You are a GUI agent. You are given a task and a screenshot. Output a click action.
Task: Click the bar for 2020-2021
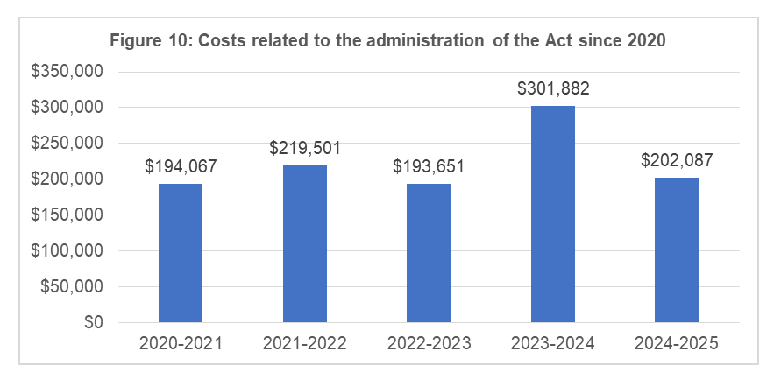181,253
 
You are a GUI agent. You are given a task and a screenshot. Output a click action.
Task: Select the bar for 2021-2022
304,244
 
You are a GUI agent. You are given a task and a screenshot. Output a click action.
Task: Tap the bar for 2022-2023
429,253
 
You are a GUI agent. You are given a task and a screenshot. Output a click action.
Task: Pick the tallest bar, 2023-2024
553,215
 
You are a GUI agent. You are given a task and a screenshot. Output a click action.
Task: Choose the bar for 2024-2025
677,250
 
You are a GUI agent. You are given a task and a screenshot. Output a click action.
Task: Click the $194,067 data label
181,166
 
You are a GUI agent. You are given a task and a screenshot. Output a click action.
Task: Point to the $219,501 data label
304,148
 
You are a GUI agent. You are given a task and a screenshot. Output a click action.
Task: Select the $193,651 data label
429,166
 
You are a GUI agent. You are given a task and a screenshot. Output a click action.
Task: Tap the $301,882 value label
553,88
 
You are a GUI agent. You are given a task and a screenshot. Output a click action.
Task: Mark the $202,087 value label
677,160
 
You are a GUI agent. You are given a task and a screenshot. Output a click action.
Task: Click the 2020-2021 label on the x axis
181,344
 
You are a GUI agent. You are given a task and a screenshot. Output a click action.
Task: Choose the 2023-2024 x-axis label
553,344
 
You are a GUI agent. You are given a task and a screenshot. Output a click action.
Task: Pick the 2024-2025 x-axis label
677,344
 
